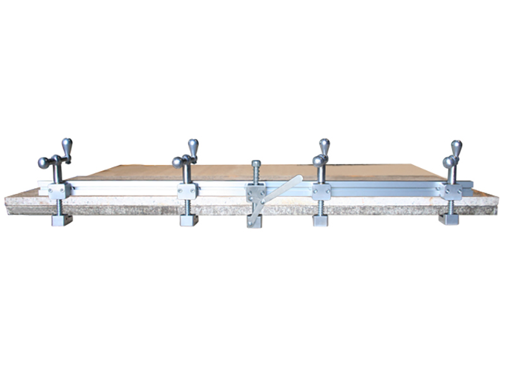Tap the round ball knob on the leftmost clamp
42,163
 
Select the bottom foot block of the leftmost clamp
61,220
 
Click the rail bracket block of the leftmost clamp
59,190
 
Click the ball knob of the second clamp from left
177,162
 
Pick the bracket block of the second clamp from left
187,190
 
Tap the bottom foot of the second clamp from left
189,220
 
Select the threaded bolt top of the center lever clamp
256,167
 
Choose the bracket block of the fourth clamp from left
321,191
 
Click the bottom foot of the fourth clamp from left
321,220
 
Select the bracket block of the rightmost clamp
451,191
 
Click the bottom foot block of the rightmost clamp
449,219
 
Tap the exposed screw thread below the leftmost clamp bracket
60,206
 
